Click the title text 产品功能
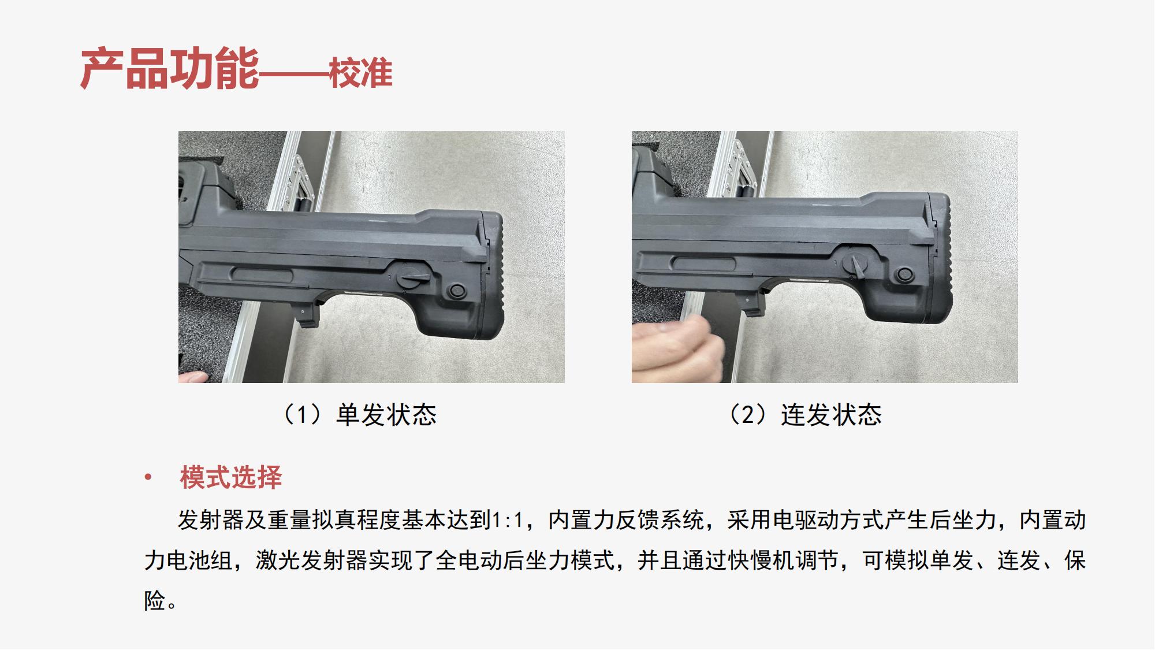(x=170, y=70)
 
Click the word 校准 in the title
(x=361, y=74)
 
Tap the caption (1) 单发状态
(x=358, y=415)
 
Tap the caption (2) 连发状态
(x=804, y=415)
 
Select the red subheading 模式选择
(x=231, y=477)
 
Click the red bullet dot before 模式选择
(x=148, y=477)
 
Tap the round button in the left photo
(x=457, y=290)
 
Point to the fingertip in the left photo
(x=193, y=377)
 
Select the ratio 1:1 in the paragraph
(x=506, y=520)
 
